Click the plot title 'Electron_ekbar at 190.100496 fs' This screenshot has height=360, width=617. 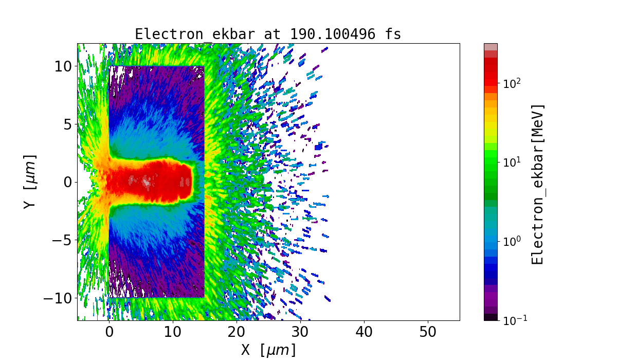(268, 34)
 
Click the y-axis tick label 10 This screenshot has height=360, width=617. (63, 66)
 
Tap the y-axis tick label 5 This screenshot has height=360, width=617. (67, 124)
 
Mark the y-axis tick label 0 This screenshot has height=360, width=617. (67, 182)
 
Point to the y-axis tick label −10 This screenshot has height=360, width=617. (56, 298)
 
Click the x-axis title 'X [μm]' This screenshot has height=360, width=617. (268, 350)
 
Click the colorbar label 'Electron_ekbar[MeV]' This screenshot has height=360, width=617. (537, 184)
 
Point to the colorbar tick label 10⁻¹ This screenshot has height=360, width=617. (513, 320)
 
